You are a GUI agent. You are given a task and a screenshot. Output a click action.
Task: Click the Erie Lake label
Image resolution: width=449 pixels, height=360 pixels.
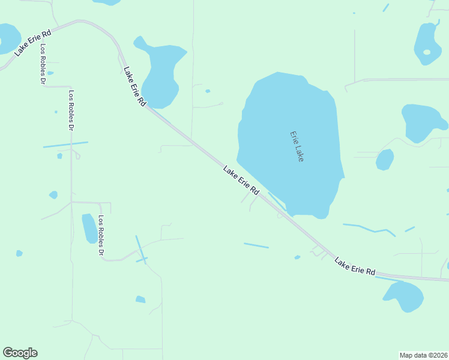(297, 146)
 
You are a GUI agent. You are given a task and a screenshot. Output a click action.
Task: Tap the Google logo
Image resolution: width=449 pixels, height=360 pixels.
(20, 353)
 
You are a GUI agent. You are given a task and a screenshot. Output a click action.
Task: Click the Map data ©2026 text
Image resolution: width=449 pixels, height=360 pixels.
(423, 355)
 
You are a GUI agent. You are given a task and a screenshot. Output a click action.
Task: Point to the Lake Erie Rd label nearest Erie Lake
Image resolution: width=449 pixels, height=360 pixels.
(241, 181)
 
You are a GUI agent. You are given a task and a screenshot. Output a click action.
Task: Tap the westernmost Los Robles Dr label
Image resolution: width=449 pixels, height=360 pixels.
(43, 63)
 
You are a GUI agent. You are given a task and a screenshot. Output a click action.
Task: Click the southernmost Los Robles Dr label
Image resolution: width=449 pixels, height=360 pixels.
(101, 236)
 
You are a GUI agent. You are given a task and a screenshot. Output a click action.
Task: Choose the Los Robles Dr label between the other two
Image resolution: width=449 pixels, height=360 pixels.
(71, 111)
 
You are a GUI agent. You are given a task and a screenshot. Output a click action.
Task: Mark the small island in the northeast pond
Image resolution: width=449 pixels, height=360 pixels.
(427, 52)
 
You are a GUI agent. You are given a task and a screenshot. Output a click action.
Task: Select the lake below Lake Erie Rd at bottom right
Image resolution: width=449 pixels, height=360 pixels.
(403, 296)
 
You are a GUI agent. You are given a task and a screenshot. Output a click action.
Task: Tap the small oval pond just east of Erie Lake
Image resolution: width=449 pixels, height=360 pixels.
(384, 160)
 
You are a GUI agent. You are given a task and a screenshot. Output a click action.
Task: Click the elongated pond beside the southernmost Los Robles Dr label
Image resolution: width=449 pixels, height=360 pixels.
(89, 228)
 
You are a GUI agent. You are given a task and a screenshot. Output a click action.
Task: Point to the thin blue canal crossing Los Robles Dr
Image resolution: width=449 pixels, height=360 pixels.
(65, 145)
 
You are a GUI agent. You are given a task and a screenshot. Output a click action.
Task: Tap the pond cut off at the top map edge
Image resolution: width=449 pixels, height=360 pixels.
(107, 2)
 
